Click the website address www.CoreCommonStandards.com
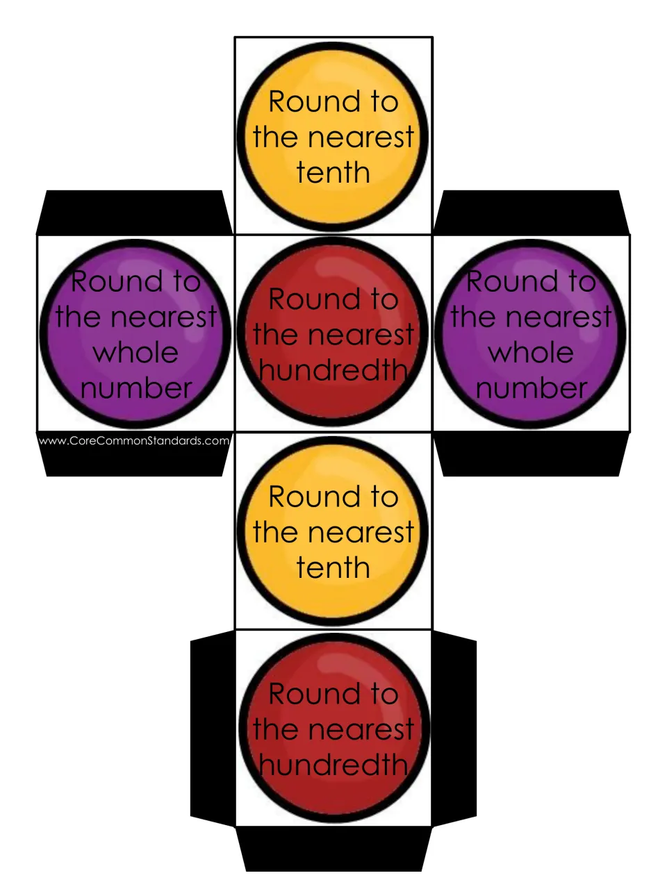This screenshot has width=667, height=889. (133, 440)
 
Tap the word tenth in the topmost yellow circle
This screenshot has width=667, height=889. (333, 172)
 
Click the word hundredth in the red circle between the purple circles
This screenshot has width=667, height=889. (333, 370)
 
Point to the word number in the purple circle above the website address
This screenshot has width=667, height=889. (136, 388)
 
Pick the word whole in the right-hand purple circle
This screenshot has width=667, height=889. (531, 352)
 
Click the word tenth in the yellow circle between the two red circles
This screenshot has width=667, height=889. (333, 568)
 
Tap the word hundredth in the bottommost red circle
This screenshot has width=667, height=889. (333, 765)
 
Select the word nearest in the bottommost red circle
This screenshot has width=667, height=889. (361, 730)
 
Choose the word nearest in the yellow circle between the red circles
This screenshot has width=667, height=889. (361, 532)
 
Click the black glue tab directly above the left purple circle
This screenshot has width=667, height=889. (135, 213)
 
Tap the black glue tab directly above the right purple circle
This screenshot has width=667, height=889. (531, 213)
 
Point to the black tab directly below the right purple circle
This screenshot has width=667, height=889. (531, 454)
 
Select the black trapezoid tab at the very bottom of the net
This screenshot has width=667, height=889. (333, 849)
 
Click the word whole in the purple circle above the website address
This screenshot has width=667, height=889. (135, 352)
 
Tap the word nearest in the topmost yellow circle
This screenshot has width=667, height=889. (361, 137)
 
